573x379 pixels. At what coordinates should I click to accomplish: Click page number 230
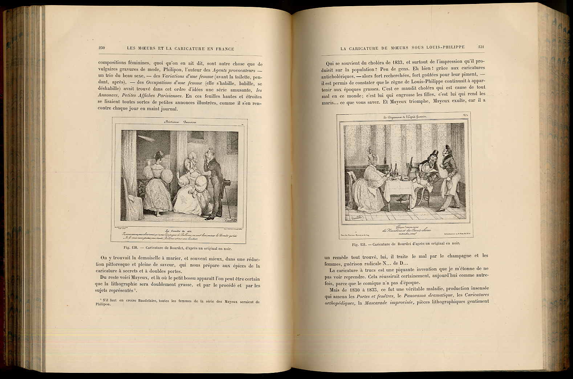tap(102, 48)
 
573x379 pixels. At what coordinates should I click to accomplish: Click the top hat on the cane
tap(227, 183)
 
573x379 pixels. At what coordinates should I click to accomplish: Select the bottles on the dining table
tap(394, 170)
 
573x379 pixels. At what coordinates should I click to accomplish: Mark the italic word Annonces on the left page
tap(108, 96)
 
